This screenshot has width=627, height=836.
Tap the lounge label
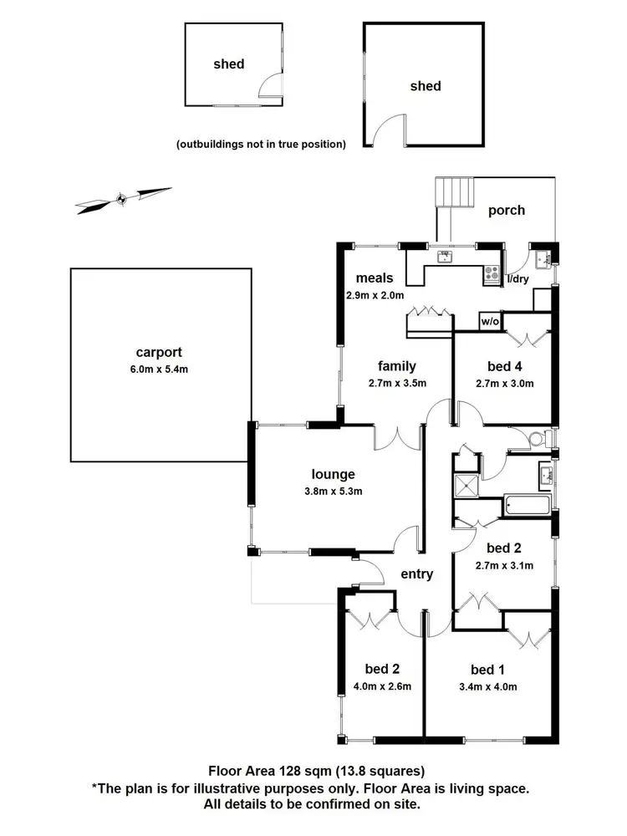pos(335,474)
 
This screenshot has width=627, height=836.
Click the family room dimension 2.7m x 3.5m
pos(398,384)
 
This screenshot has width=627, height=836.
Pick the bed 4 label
pos(506,366)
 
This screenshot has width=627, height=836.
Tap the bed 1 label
pos(488,670)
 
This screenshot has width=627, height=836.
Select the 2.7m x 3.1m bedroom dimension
pos(506,566)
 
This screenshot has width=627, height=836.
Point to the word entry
pos(417,573)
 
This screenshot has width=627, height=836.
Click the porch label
pos(507,211)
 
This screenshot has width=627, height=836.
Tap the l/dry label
pos(517,279)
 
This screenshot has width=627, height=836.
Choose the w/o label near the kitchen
pos(490,321)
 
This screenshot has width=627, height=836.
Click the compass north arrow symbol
pos(122,198)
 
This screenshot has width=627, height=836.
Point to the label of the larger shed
pos(425,86)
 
